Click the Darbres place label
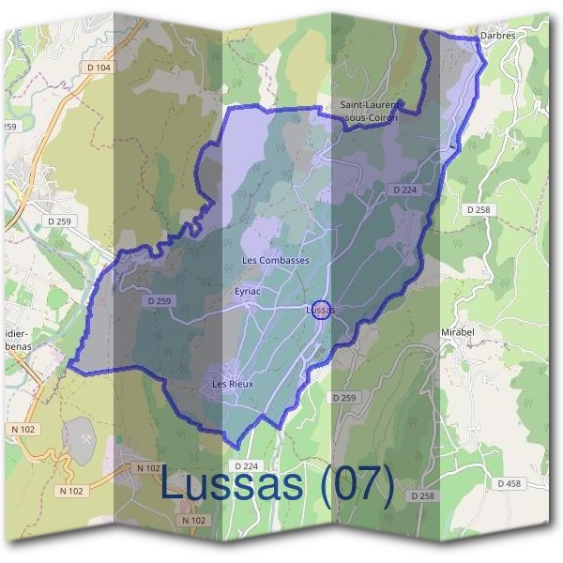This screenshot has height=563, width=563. (x=497, y=35)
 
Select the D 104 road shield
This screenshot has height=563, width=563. (x=97, y=68)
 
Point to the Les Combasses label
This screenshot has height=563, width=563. (x=275, y=260)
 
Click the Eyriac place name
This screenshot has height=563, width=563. (x=247, y=292)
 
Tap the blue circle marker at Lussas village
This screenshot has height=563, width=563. (x=320, y=311)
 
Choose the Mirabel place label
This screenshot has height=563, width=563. (x=484, y=332)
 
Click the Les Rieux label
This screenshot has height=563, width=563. (x=232, y=384)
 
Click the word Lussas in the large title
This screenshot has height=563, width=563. (x=231, y=483)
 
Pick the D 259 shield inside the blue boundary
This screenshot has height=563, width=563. (x=160, y=301)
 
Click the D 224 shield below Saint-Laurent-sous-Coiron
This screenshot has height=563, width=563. (x=405, y=190)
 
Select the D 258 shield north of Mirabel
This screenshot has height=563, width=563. (x=478, y=209)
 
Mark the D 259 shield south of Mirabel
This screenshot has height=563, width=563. (x=344, y=399)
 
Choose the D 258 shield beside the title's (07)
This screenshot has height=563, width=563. (x=421, y=495)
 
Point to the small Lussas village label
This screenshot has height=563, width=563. (x=320, y=310)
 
